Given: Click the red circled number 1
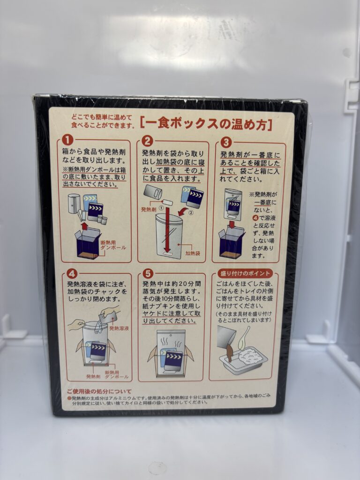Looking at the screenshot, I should click(68, 140).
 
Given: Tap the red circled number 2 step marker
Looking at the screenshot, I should click(147, 141).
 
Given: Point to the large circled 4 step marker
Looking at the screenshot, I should click(72, 273).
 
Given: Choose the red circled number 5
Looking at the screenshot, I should click(148, 273).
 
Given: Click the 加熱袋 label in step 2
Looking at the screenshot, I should click(193, 253).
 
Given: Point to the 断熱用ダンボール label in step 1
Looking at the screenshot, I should click(113, 245).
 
